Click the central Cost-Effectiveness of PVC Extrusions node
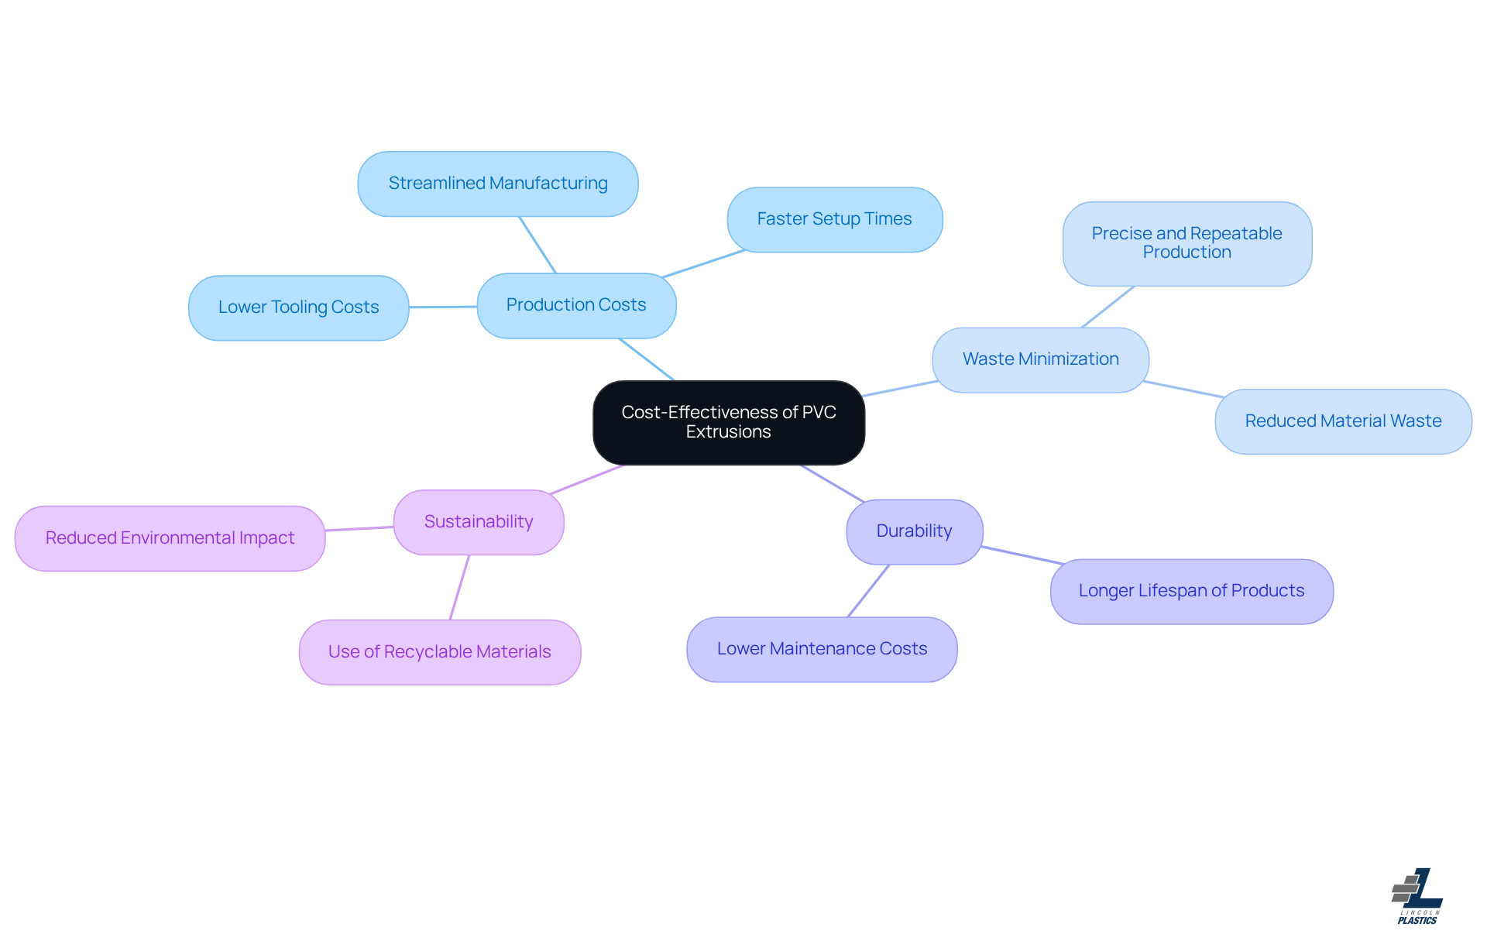coord(728,422)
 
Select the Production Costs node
coord(576,305)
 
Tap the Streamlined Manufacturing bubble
coord(497,184)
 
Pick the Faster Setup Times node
coord(834,219)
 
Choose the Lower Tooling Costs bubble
coord(298,307)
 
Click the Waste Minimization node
coord(1040,359)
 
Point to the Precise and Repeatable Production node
coord(1187,243)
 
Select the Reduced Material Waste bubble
coord(1343,421)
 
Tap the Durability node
coord(914,531)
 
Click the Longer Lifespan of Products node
coord(1191,591)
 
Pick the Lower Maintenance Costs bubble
coord(822,649)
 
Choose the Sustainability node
coord(479,522)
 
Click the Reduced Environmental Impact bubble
coord(170,538)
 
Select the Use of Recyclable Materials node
coord(439,652)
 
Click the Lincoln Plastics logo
coord(1417,896)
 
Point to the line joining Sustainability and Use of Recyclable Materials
coord(459,587)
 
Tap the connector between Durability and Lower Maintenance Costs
coord(869,590)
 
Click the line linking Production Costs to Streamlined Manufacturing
coord(537,245)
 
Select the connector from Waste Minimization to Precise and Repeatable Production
coord(1108,307)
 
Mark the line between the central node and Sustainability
coord(586,479)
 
